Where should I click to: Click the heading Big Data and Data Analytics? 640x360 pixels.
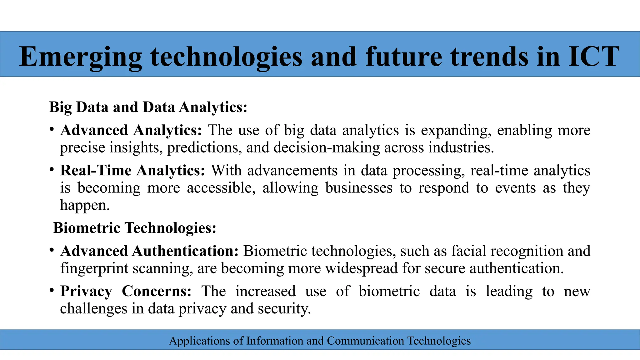pyautogui.click(x=148, y=107)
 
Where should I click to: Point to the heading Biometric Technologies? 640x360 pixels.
pyautogui.click(x=135, y=228)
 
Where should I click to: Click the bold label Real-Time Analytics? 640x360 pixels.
pyautogui.click(x=132, y=171)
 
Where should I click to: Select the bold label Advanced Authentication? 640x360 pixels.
pyautogui.click(x=149, y=251)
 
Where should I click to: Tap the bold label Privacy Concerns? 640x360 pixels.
pyautogui.click(x=126, y=291)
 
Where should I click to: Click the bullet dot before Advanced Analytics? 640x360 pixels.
pyautogui.click(x=52, y=129)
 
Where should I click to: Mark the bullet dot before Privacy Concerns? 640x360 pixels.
pyautogui.click(x=52, y=290)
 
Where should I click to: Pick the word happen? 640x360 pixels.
pyautogui.click(x=85, y=205)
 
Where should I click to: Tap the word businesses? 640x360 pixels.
pyautogui.click(x=359, y=188)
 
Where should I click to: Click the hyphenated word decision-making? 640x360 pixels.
pyautogui.click(x=327, y=147)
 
